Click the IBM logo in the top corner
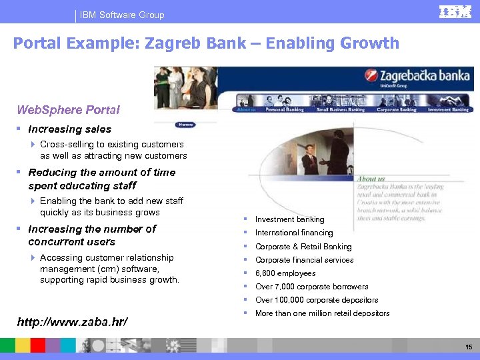(455, 13)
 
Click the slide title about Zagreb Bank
(206, 44)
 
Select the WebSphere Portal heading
(68, 109)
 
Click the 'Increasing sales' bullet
(70, 129)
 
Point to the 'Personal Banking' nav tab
(284, 109)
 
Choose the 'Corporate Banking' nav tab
(397, 109)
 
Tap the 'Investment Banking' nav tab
(448, 109)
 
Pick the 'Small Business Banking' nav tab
(340, 109)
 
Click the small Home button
(185, 125)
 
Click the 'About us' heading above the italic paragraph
(371, 179)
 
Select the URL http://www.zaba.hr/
(72, 323)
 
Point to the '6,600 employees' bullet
(285, 273)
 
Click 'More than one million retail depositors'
(322, 313)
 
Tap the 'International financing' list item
(294, 233)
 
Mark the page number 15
(469, 347)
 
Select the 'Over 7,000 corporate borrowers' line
(311, 287)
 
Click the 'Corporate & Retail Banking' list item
(303, 247)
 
